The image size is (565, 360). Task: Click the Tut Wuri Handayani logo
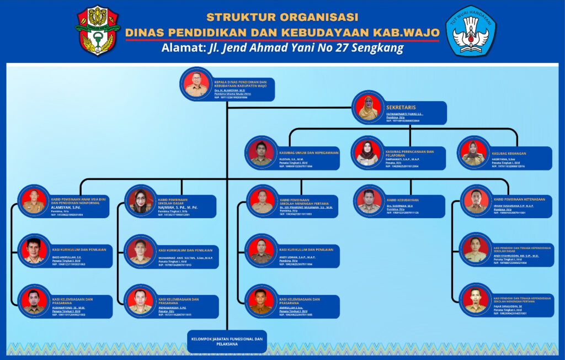click(x=471, y=31)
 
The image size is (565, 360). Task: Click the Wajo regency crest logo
click(x=97, y=30)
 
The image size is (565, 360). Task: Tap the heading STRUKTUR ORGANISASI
click(x=282, y=17)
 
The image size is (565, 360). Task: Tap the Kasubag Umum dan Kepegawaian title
click(x=308, y=152)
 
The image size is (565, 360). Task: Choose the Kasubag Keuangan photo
click(x=473, y=153)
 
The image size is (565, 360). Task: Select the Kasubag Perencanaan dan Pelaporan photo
click(x=367, y=153)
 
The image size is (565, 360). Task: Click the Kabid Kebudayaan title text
click(x=402, y=200)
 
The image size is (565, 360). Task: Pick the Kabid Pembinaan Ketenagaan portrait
click(x=475, y=202)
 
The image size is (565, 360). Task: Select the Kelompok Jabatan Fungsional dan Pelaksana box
click(x=227, y=341)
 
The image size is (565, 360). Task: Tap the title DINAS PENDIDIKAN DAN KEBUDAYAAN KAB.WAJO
click(x=282, y=32)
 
